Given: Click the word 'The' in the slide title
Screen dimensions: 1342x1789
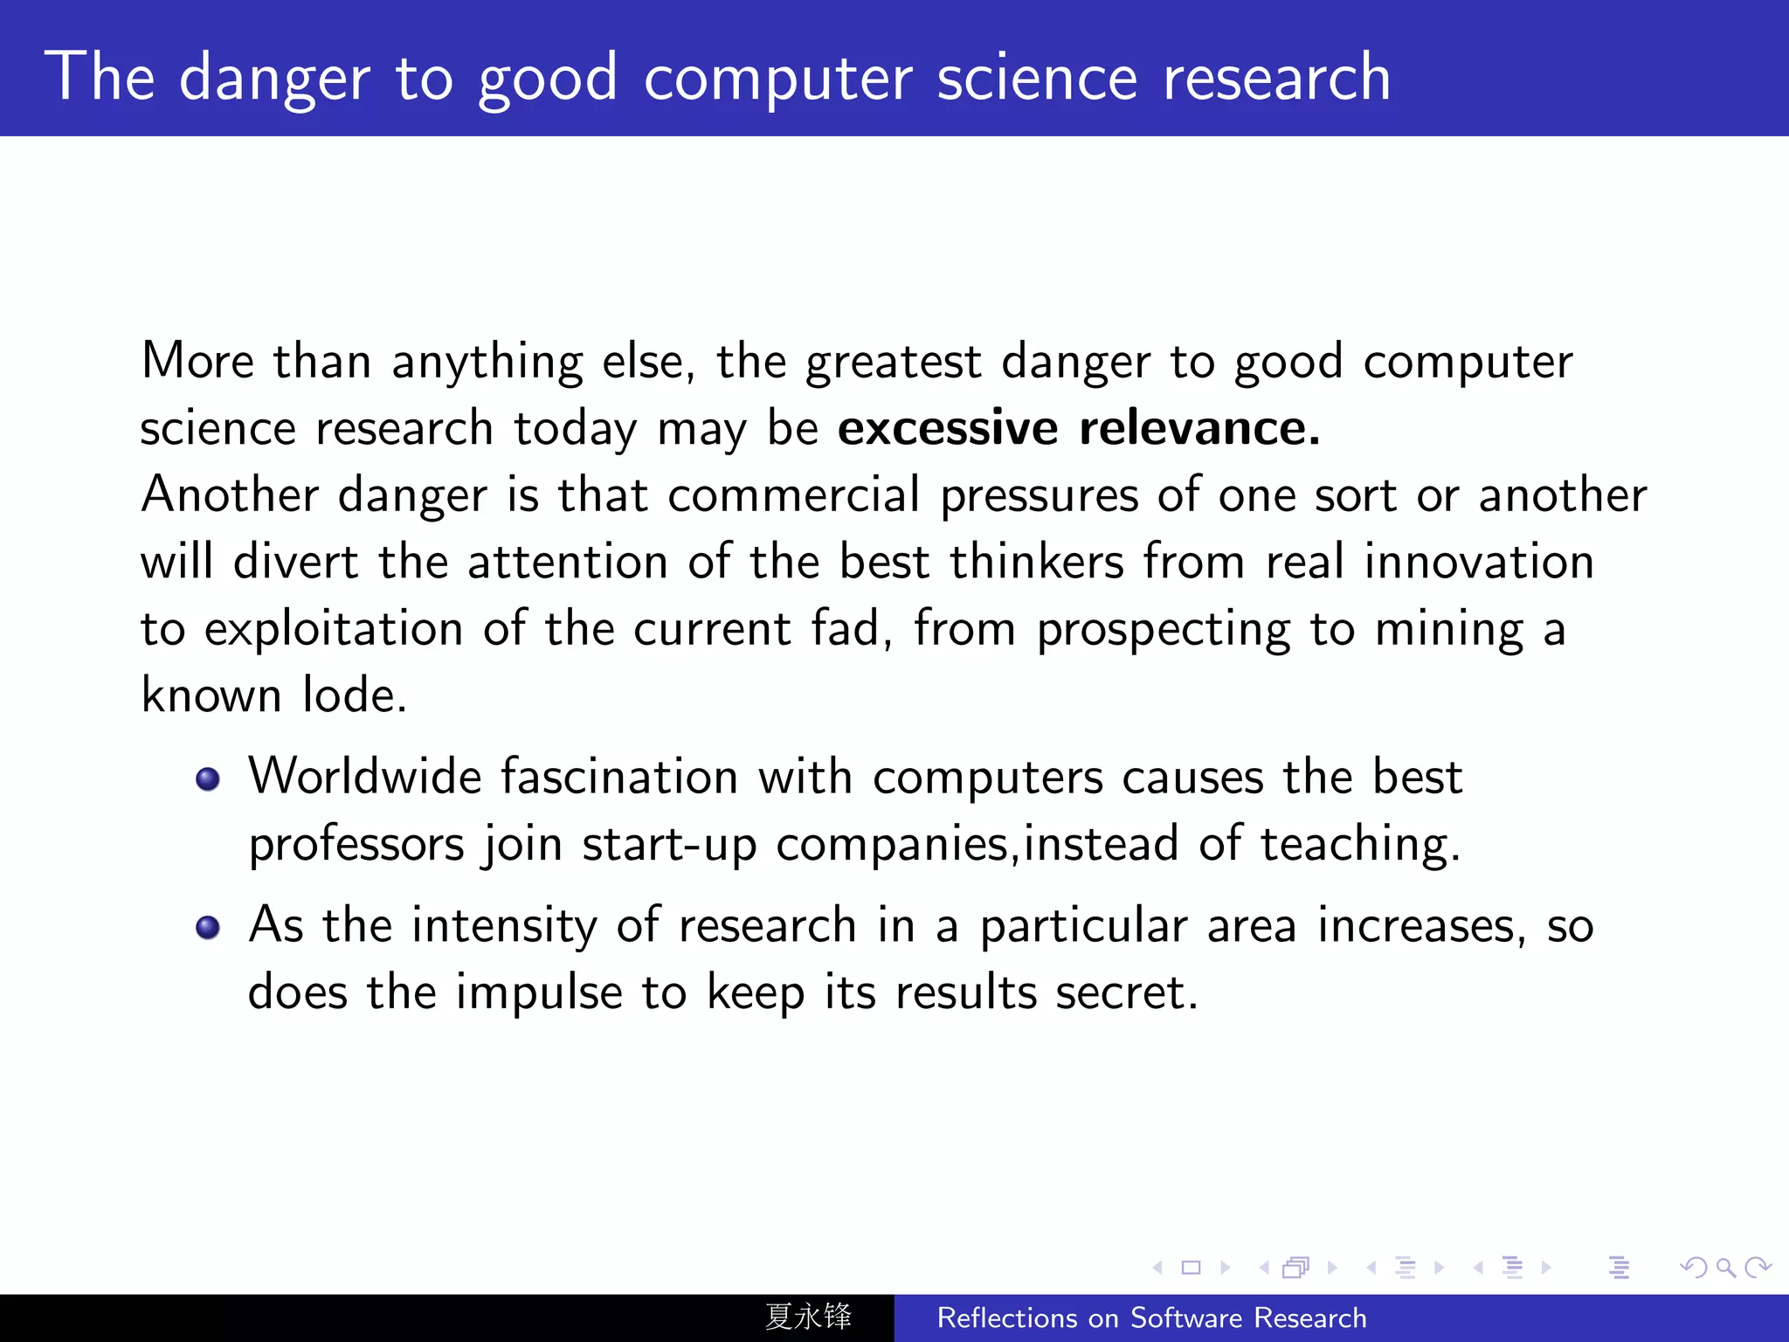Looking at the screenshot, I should pos(100,77).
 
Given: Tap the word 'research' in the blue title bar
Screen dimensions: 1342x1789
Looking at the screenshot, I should pos(1276,77).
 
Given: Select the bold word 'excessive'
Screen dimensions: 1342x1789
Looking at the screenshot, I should pos(948,428).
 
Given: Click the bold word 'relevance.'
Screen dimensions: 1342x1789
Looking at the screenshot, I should pos(1199,428).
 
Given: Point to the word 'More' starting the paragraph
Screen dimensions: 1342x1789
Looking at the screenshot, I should pos(197,362).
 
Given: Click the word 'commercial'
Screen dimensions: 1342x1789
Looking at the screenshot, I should pos(793,495).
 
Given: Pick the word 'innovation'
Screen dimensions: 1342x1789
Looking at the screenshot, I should pos(1479,562).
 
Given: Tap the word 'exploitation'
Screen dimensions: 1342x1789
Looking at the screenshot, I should pos(334,629).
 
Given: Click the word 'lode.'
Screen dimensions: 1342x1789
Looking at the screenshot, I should pos(355,696).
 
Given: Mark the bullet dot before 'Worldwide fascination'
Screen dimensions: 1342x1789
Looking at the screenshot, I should pos(208,778).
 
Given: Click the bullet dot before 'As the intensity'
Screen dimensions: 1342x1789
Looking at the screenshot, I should pos(208,927).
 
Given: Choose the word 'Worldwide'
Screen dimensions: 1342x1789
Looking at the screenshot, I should pos(364,777).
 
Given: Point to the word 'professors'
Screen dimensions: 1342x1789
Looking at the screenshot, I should pos(356,845).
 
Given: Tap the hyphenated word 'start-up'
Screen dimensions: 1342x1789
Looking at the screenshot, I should pos(669,845).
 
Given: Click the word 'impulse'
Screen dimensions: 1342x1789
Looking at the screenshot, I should pos(539,993).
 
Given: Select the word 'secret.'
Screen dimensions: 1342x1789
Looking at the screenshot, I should pos(1126,993).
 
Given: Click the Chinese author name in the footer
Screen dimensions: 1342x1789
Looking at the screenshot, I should pos(808,1317).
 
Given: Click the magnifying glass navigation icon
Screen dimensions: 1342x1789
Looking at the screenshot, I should pos(1725,1267).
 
